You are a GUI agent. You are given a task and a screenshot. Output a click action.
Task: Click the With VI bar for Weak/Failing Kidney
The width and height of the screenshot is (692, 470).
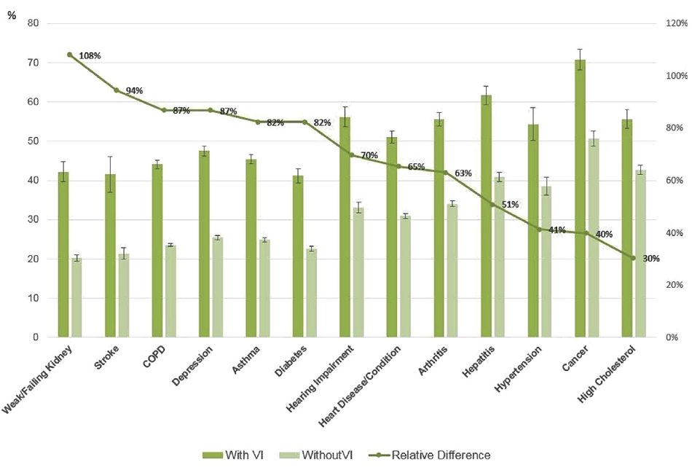(x=63, y=254)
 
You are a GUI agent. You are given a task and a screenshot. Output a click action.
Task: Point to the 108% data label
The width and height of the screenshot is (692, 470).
(x=90, y=55)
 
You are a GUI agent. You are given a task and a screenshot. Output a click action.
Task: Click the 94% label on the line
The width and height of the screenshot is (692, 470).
(x=134, y=90)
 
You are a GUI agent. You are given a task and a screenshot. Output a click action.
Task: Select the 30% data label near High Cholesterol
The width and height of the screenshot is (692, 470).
(x=650, y=259)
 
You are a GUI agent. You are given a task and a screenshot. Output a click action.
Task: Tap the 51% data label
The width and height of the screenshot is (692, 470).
(x=509, y=205)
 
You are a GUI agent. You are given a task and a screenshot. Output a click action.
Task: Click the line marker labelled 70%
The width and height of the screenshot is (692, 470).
(x=351, y=154)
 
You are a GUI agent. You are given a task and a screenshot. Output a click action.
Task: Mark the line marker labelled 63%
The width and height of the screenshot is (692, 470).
(x=445, y=173)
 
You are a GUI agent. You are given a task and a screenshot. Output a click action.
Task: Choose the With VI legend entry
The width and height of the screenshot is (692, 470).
(x=233, y=455)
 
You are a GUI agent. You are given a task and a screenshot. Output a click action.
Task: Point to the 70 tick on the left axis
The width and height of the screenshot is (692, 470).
(x=32, y=63)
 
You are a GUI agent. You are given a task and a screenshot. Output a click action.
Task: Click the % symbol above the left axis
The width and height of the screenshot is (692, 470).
(x=12, y=15)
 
